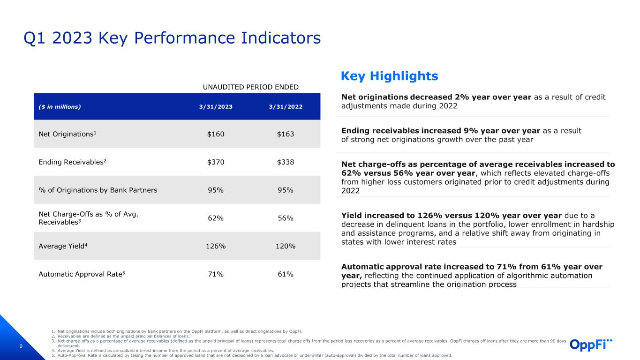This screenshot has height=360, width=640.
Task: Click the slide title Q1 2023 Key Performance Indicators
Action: tap(172, 38)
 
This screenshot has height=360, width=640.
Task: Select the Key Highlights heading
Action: tap(390, 76)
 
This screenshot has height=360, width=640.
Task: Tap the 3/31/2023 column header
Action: tap(216, 107)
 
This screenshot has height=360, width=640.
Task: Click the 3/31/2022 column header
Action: tap(286, 107)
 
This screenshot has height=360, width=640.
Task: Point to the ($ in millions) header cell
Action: tap(60, 107)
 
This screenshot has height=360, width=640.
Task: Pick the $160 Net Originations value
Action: tap(216, 134)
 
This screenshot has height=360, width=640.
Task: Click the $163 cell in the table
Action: tap(286, 134)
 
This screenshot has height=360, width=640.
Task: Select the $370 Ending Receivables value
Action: tap(216, 162)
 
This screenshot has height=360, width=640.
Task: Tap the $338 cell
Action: tap(286, 162)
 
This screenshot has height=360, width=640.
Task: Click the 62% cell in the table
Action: tap(216, 218)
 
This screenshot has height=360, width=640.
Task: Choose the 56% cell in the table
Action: tap(286, 218)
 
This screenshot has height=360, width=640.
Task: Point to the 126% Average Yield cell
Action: tap(216, 246)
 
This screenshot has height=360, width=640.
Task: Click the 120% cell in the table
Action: tap(286, 246)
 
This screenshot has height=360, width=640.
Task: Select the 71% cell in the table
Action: tap(216, 274)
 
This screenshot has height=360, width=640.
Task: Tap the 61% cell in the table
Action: tap(286, 274)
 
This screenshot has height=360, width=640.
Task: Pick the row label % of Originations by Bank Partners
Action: tap(98, 190)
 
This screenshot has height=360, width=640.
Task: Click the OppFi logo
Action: tap(591, 345)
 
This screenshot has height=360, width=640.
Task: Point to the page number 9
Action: tap(21, 346)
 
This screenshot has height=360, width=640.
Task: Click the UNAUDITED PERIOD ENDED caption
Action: tap(250, 87)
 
